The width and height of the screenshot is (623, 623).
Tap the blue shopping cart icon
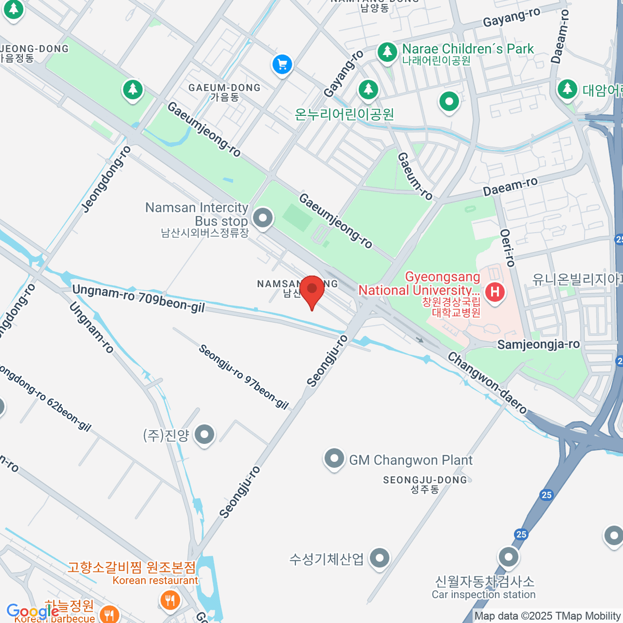(x=282, y=65)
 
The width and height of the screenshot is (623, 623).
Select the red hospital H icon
(x=495, y=292)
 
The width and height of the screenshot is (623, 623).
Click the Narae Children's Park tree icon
(x=387, y=51)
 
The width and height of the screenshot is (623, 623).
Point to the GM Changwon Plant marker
(x=334, y=459)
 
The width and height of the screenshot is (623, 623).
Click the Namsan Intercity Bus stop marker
(x=263, y=218)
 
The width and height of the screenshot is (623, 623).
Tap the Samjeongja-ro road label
(x=538, y=345)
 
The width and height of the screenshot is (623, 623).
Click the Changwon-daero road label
(x=487, y=383)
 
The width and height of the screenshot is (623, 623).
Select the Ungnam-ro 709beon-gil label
(x=138, y=299)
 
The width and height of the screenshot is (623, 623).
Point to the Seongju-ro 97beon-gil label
(x=243, y=376)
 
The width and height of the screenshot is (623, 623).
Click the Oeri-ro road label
(x=507, y=248)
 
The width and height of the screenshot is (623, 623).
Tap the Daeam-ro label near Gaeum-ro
(x=510, y=186)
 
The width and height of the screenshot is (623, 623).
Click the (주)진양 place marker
(x=205, y=435)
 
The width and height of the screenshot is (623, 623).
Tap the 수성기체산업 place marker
(x=380, y=559)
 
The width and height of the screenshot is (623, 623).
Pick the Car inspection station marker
(x=508, y=557)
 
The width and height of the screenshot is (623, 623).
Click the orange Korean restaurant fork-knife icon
(x=170, y=601)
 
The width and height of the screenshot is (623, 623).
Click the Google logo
(x=32, y=612)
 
